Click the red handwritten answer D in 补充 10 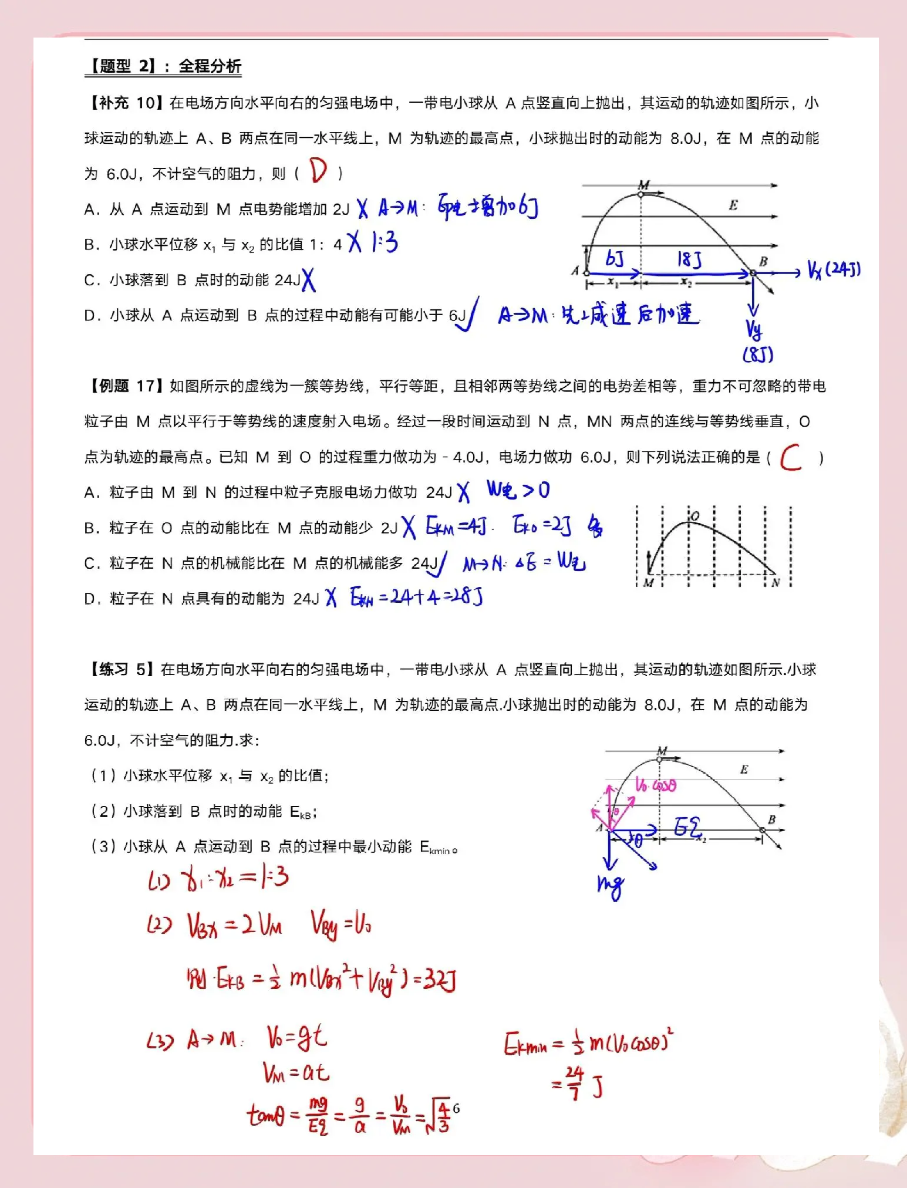[319, 171]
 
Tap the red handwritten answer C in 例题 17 [791, 457]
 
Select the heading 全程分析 [210, 66]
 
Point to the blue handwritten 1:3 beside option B [385, 242]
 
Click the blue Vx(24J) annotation [834, 270]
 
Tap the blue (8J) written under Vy [758, 355]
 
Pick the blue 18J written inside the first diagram [689, 259]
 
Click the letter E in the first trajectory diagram [733, 205]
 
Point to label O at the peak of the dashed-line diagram [695, 516]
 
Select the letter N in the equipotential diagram [775, 582]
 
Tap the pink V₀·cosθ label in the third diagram [656, 785]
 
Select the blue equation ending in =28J [416, 598]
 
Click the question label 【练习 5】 [122, 670]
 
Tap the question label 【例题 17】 [124, 386]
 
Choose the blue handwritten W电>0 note [518, 491]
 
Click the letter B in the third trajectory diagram [771, 819]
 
